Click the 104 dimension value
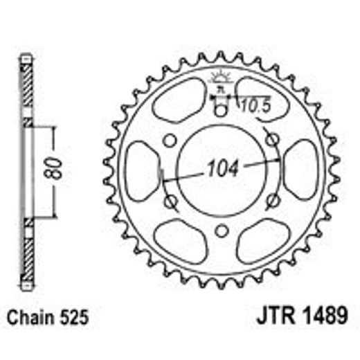(220, 168)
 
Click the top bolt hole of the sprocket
(221, 110)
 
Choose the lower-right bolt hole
(272, 202)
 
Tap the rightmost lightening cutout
(300, 170)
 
